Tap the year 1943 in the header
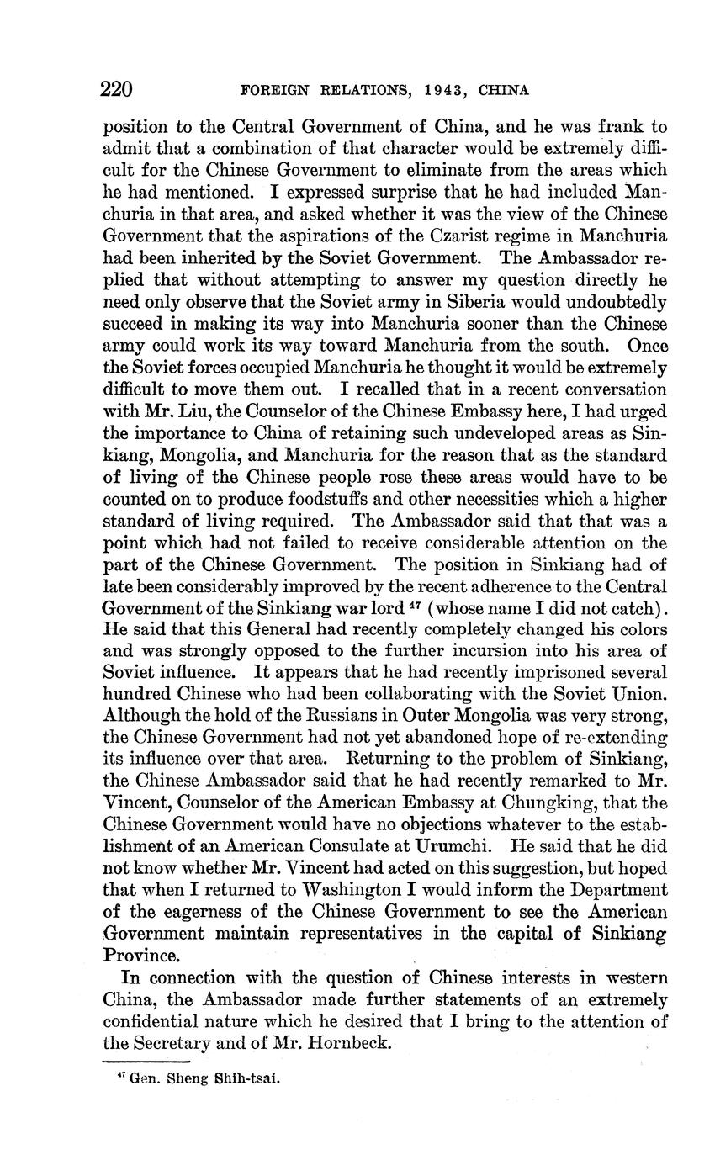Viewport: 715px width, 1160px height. [441, 90]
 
